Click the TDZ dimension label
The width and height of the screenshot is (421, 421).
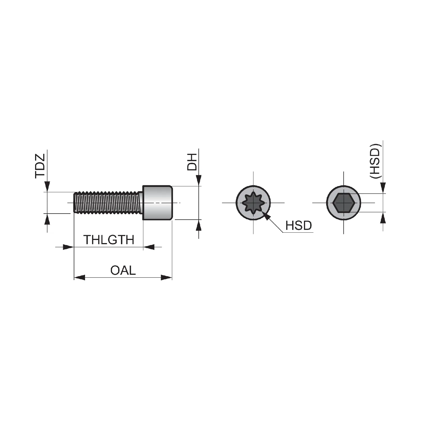(x=40, y=166)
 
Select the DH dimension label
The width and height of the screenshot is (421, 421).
(x=193, y=162)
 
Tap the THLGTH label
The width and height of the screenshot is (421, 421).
(x=109, y=240)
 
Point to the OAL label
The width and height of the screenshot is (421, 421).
(x=123, y=270)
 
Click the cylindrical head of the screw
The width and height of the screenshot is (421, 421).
(x=157, y=203)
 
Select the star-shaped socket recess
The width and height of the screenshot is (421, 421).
(x=253, y=203)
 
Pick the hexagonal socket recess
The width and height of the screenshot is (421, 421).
(x=344, y=203)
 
